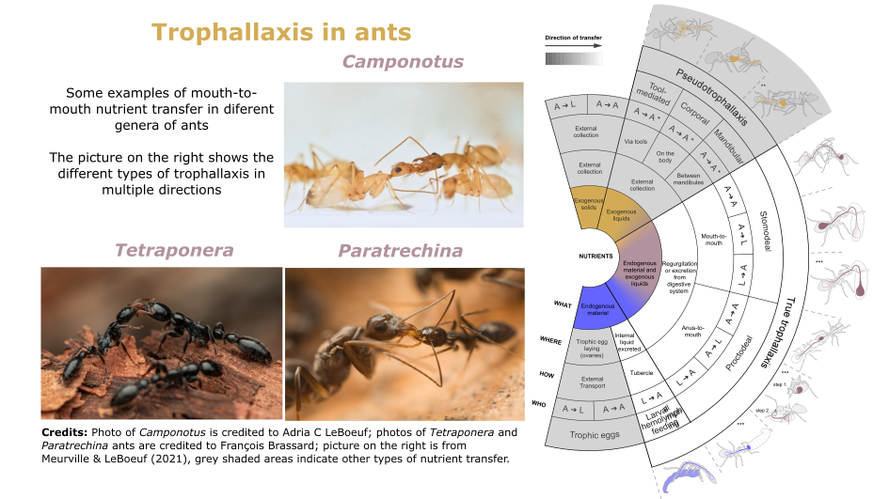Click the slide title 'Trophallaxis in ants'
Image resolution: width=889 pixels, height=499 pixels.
[281, 32]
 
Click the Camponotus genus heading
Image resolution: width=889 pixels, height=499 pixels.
[403, 62]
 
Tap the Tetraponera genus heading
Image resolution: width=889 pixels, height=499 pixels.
[174, 250]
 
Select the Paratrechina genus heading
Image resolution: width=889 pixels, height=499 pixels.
[401, 251]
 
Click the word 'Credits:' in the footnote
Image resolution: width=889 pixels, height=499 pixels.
[64, 432]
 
